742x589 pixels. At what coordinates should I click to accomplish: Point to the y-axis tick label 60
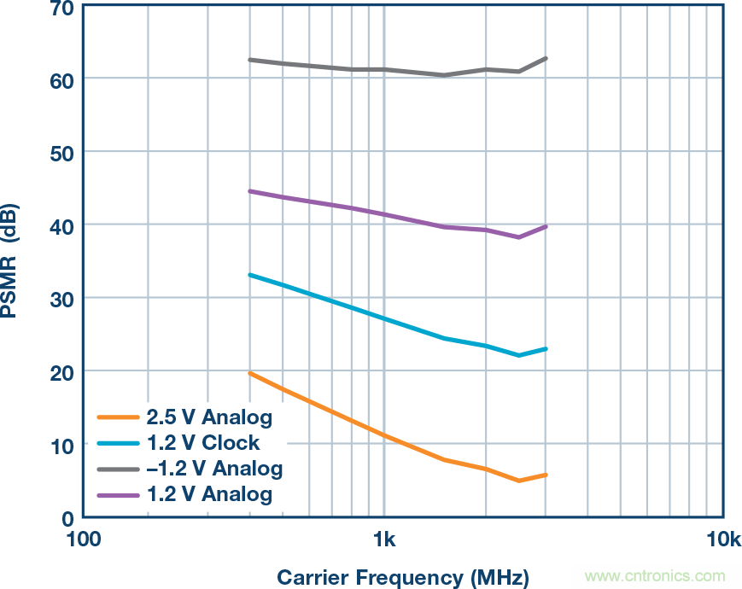tap(61, 79)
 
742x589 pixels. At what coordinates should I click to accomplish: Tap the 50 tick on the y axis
tap(61, 152)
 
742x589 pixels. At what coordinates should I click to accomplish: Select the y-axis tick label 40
tap(61, 225)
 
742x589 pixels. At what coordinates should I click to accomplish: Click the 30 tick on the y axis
tap(61, 298)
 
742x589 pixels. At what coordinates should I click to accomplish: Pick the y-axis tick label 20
tap(61, 371)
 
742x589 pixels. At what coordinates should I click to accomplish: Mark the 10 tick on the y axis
tap(61, 445)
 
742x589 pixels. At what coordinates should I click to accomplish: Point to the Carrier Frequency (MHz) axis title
tap(402, 576)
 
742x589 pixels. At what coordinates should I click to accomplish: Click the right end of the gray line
tap(546, 58)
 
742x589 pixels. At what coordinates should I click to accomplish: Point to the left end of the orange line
tap(249, 373)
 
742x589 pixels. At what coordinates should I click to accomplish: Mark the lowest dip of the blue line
tap(519, 355)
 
